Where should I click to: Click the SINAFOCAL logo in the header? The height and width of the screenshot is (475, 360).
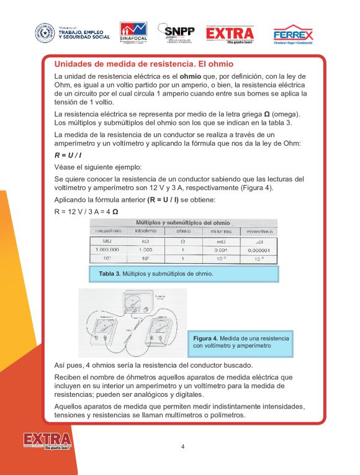(x=134, y=32)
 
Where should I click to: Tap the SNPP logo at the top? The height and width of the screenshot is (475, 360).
(x=176, y=32)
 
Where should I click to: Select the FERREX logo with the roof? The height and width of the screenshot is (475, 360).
(x=293, y=34)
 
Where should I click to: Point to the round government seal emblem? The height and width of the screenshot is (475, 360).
(x=45, y=32)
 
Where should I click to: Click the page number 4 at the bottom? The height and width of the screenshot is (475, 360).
(x=182, y=446)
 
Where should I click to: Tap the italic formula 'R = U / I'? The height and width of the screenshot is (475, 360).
(x=68, y=155)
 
